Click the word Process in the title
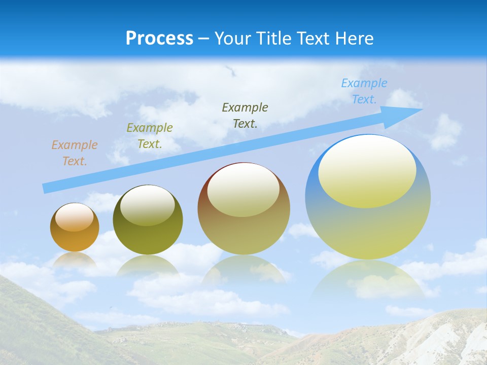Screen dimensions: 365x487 click(x=159, y=39)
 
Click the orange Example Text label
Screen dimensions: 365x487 click(x=74, y=153)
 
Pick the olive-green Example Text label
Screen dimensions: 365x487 click(x=150, y=136)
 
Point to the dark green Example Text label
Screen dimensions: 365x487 click(x=245, y=116)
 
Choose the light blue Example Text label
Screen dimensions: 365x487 click(x=364, y=91)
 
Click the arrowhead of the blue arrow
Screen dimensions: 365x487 click(x=408, y=111)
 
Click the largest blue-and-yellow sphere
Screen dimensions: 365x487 click(x=368, y=228)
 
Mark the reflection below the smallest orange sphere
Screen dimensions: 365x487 click(x=75, y=260)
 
